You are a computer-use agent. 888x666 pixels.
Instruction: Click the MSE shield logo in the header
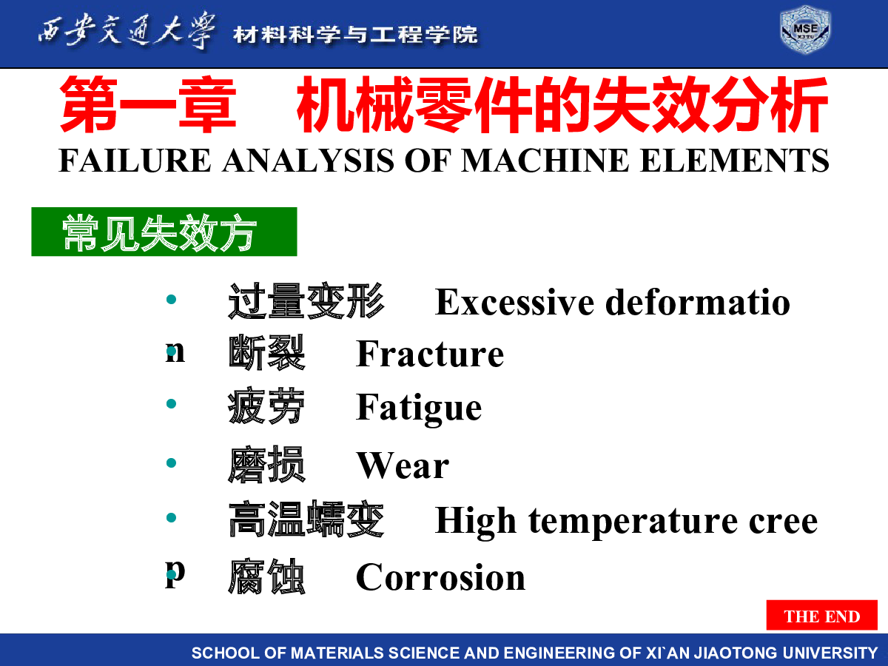pos(805,30)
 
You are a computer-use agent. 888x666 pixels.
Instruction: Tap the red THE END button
pos(821,615)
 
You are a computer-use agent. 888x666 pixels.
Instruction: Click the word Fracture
pos(430,354)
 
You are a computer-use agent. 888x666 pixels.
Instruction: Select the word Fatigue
pos(419,408)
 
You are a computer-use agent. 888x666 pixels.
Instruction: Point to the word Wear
pos(403,466)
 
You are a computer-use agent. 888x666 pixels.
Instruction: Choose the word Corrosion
pos(440,577)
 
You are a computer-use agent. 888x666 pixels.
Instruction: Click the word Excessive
pos(514,303)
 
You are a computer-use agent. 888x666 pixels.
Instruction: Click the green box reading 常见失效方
pos(164,232)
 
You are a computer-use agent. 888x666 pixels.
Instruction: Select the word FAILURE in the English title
pos(135,160)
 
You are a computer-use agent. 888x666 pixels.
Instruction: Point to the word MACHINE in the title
pos(545,160)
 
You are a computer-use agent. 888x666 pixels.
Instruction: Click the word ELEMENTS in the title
pos(734,160)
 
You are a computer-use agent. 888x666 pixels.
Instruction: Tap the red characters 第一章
pos(148,104)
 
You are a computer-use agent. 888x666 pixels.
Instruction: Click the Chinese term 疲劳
pos(266,406)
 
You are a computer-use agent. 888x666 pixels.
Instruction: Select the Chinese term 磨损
pos(266,464)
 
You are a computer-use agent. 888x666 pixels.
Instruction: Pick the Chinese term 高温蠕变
pos(306,519)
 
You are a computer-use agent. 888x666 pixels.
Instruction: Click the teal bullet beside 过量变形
pos(171,299)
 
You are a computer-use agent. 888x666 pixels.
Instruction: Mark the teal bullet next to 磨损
pos(171,462)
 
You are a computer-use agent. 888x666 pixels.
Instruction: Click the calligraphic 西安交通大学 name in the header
pos(127,31)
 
